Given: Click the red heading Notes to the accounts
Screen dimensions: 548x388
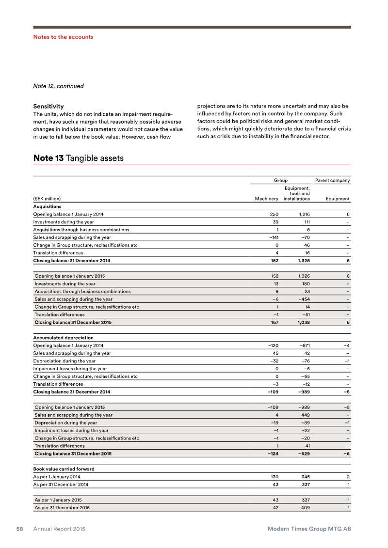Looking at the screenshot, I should (63, 37).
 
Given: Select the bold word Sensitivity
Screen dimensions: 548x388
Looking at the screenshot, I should (48, 106).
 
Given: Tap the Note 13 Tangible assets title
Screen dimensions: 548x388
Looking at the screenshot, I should (78, 158).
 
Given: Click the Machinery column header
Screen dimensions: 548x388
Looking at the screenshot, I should (267, 199).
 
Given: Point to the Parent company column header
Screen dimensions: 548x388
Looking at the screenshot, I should (332, 181).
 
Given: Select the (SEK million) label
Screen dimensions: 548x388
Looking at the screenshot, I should (47, 199).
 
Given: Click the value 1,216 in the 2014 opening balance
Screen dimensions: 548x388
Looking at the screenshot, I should (303, 214).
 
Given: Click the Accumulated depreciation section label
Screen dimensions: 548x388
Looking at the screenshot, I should (63, 338).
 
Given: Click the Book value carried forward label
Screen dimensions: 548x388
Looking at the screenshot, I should (64, 469).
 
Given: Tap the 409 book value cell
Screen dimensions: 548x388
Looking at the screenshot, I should (305, 508).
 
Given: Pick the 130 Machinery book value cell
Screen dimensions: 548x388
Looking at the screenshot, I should (274, 477).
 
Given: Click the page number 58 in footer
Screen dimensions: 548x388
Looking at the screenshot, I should (19, 529).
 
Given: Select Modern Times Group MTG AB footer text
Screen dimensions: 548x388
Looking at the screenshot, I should (309, 529).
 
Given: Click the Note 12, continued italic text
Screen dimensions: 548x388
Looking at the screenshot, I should (58, 86).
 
